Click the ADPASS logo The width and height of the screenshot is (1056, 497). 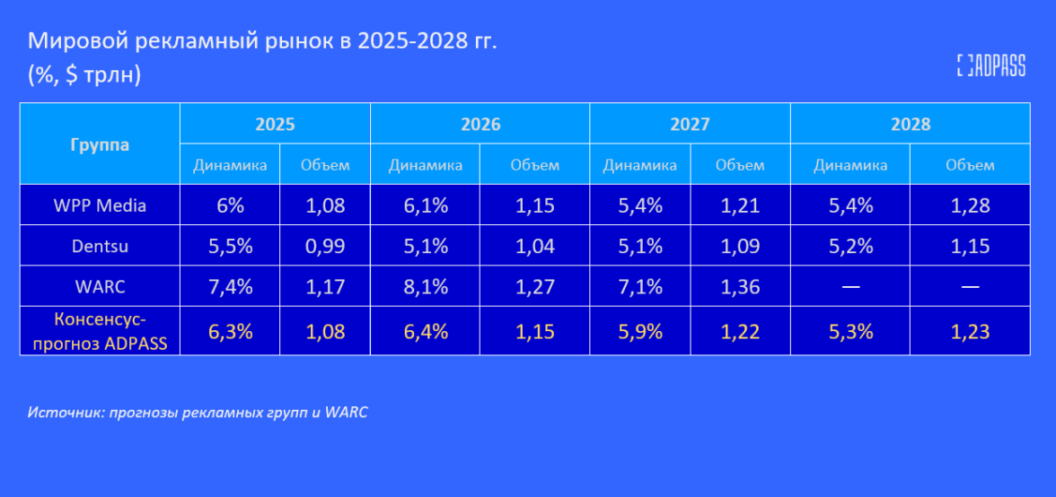(990, 65)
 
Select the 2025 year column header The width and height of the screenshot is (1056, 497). (275, 124)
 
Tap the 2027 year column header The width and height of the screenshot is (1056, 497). (690, 124)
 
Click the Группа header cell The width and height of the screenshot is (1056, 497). (100, 144)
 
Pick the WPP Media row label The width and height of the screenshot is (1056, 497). (100, 205)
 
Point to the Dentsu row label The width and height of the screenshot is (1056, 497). (100, 246)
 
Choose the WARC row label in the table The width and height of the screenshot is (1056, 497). (100, 286)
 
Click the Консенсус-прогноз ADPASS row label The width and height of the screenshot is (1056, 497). (100, 330)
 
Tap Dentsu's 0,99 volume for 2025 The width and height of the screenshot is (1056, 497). (325, 247)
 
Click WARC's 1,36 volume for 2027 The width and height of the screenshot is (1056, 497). (740, 287)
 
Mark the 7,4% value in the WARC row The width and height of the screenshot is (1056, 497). (230, 287)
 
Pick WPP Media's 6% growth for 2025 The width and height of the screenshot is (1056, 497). (230, 206)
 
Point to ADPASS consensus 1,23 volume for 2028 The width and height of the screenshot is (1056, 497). (971, 332)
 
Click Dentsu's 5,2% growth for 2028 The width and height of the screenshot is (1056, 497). (850, 247)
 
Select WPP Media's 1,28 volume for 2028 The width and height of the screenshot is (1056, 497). (971, 206)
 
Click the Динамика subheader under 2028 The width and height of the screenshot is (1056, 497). (850, 165)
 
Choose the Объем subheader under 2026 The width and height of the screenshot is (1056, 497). (535, 165)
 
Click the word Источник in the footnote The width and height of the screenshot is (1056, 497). (62, 413)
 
